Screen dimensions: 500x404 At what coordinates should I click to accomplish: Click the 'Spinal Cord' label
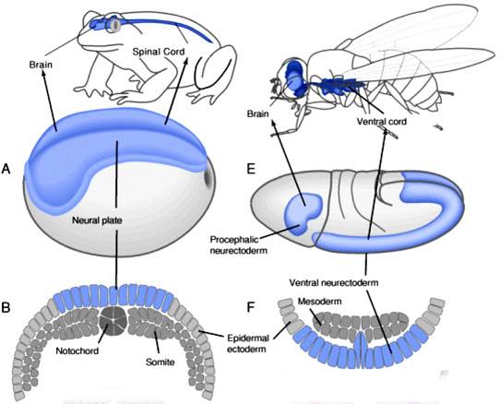click(159, 52)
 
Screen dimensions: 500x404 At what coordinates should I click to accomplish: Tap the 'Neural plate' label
click(97, 220)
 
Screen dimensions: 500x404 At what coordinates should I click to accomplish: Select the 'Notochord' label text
click(77, 351)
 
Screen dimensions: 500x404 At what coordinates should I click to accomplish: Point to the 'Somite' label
click(161, 362)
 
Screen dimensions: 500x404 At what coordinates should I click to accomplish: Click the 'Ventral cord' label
click(382, 122)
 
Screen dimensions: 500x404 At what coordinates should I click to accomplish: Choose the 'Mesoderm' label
click(320, 301)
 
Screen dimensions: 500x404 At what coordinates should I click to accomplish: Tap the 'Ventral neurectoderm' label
click(334, 282)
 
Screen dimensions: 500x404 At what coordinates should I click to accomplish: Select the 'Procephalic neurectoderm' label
click(238, 244)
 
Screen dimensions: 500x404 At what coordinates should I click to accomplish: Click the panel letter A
click(6, 169)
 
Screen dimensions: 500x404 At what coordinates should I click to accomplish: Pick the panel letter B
click(6, 307)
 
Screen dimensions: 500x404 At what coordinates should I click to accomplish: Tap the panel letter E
click(251, 169)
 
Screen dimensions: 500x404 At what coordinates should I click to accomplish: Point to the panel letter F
click(251, 307)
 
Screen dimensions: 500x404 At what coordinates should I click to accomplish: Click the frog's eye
click(114, 24)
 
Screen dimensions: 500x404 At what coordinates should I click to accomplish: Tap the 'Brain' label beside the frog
click(41, 65)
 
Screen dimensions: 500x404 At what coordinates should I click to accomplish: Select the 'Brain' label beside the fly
click(258, 113)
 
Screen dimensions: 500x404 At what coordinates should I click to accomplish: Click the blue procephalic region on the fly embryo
click(303, 214)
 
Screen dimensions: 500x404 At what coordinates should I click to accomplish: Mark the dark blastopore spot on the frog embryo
click(208, 175)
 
